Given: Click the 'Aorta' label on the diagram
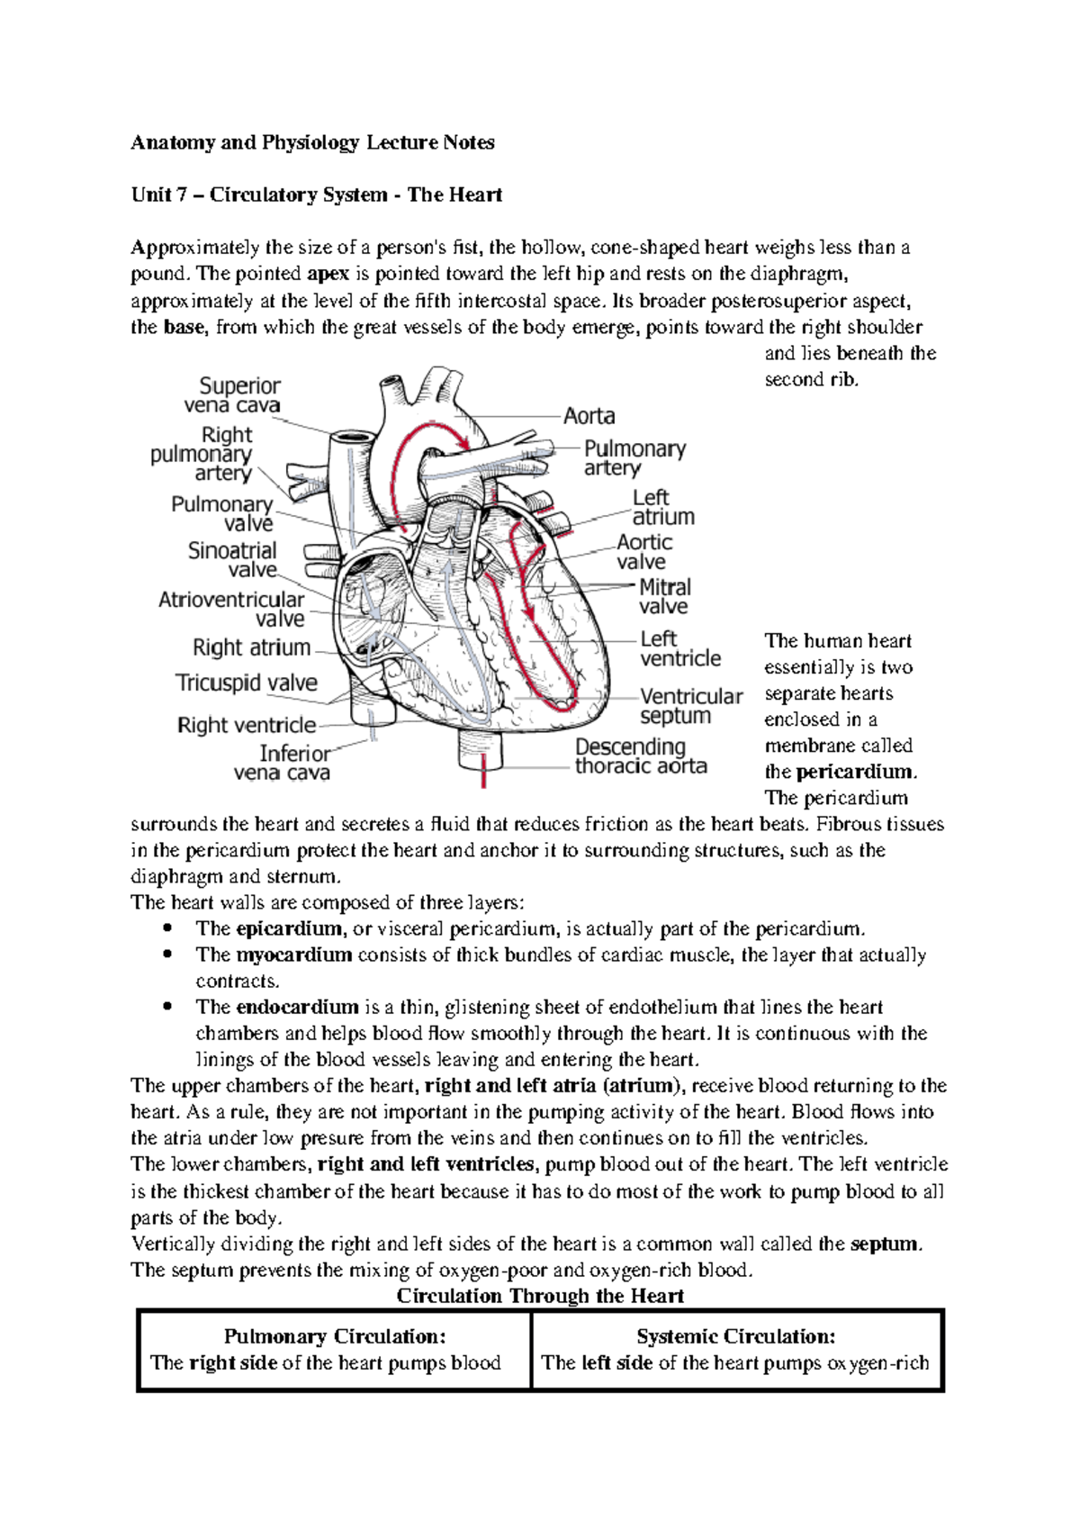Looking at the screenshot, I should click(589, 416).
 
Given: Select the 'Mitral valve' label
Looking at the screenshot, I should click(664, 597).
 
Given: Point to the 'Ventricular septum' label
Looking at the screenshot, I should click(689, 706).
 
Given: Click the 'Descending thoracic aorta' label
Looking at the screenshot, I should click(640, 756).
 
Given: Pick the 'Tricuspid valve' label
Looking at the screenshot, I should click(247, 683).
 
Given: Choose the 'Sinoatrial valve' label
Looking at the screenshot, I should click(233, 559).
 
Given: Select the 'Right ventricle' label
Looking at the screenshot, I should click(247, 725).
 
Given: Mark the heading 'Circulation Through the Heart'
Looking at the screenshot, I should click(540, 1296).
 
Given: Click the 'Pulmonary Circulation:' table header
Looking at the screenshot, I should click(335, 1336).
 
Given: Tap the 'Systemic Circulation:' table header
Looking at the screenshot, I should click(736, 1336).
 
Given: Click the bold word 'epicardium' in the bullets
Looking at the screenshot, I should click(289, 928).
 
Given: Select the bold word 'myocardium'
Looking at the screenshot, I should click(293, 954).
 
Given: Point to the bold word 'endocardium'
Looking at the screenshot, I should click(297, 1007).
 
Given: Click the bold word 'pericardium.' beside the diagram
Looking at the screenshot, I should click(856, 772).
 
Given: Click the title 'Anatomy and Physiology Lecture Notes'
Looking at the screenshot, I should click(312, 142).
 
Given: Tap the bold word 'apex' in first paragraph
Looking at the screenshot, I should click(328, 274).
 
